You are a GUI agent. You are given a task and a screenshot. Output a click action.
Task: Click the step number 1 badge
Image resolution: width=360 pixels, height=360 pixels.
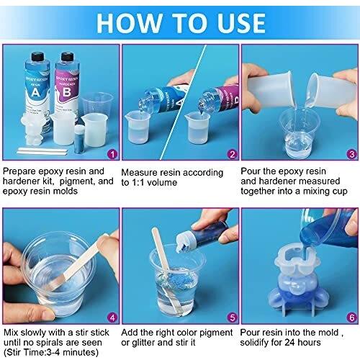coord(112,154)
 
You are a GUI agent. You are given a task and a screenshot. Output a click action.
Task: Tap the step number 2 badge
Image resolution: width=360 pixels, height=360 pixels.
coord(232,154)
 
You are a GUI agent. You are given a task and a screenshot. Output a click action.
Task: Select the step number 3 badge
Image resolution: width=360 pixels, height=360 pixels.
coord(351,154)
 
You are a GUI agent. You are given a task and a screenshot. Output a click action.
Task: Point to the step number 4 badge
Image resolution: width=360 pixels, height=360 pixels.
coord(112,318)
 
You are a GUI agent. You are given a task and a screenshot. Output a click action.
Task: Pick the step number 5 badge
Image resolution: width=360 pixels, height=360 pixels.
coord(232,318)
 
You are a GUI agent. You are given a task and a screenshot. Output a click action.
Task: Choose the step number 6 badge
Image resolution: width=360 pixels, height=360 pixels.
coord(351,318)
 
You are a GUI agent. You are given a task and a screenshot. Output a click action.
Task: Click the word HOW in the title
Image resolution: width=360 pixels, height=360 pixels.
coord(129,23)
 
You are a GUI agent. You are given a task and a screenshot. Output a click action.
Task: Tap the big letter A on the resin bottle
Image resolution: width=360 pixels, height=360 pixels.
coord(35,92)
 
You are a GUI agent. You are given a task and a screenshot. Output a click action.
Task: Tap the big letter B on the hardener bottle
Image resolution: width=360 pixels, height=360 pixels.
coord(67,92)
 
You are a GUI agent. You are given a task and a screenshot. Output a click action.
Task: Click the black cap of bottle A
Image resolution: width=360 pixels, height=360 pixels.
coord(37,57)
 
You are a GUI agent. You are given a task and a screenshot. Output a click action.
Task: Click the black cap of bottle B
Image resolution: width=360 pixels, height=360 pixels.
coord(67,57)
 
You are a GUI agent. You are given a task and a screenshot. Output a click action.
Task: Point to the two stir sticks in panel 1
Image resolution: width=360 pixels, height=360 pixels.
coord(42,151)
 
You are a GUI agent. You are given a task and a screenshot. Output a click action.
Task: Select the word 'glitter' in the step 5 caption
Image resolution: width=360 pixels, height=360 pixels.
coord(143,343)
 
